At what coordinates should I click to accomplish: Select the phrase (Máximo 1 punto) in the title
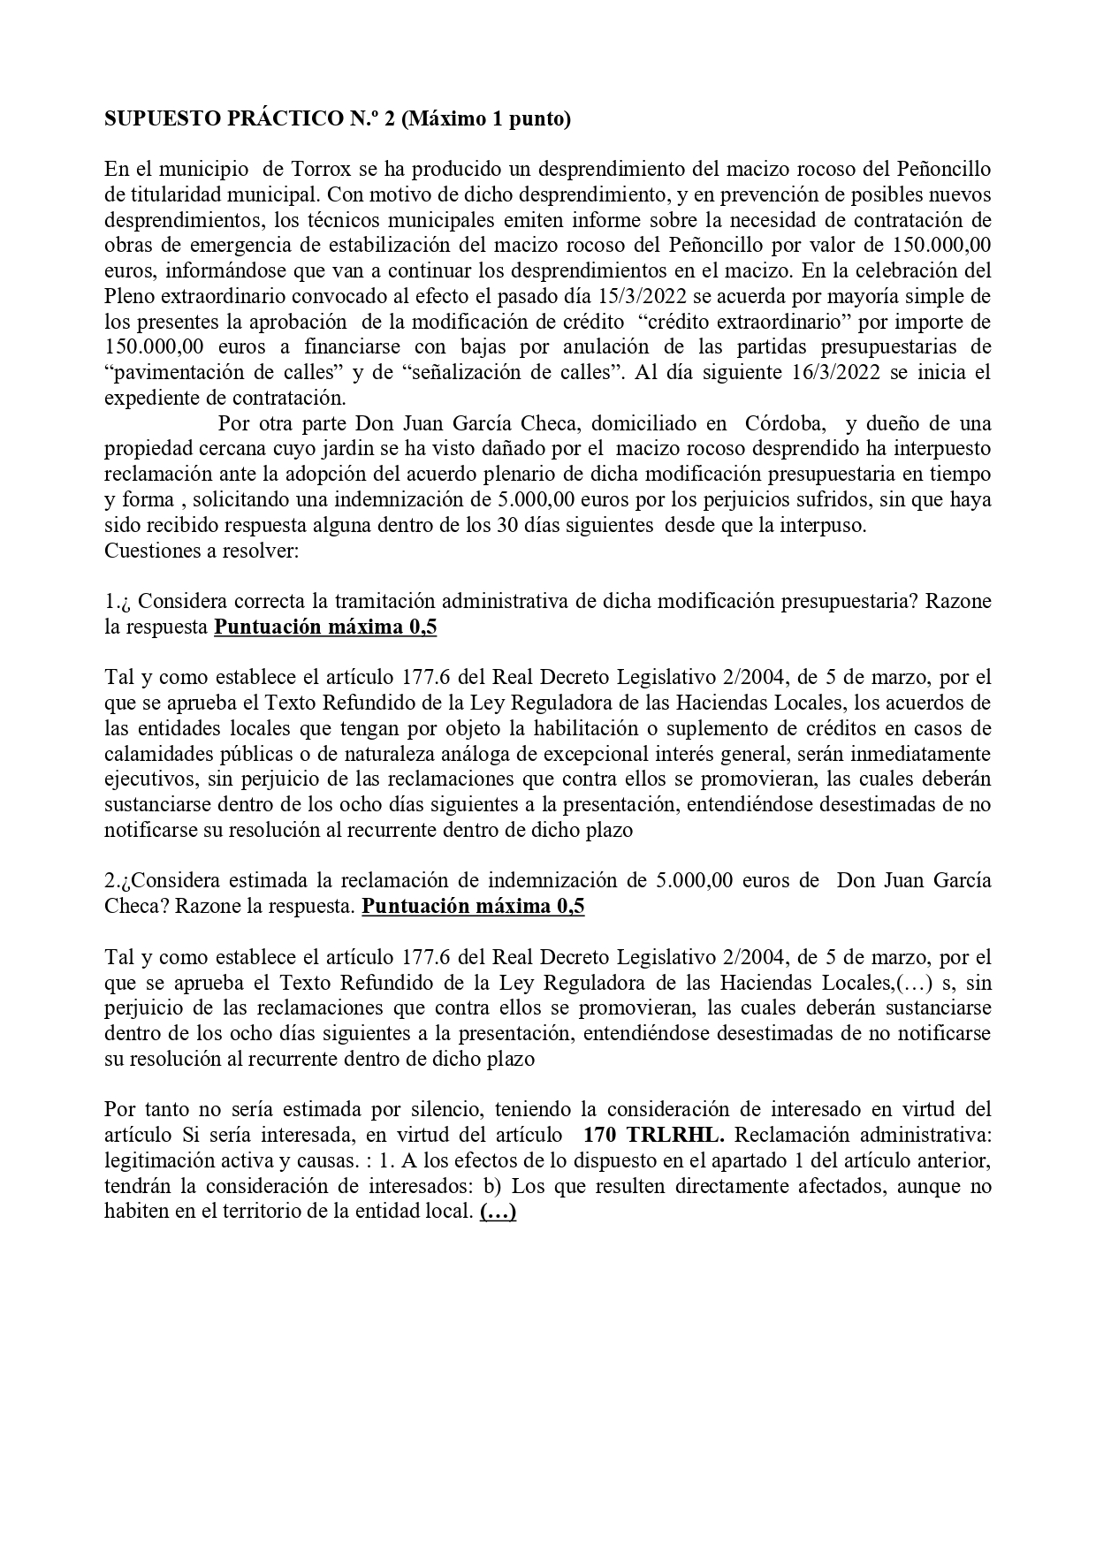pos(486,119)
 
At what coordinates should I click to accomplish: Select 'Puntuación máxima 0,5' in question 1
pos(326,627)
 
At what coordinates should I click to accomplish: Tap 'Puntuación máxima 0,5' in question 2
pos(474,907)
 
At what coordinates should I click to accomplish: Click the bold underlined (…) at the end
pos(499,1212)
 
